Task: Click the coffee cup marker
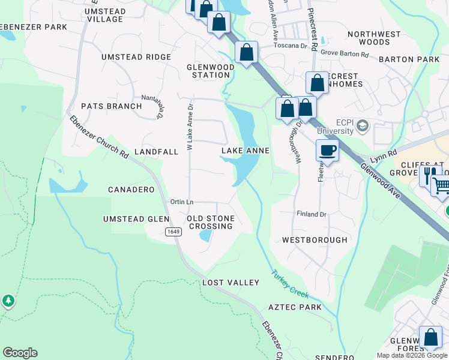(327, 151)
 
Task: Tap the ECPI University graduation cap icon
(362, 126)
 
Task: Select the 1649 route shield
(173, 232)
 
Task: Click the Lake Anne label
(246, 151)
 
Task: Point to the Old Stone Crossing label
(210, 222)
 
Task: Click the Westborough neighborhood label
(315, 240)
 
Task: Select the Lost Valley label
(231, 282)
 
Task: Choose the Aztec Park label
(295, 307)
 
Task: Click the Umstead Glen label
(136, 219)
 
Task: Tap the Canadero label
(131, 190)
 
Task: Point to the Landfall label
(156, 152)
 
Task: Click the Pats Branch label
(111, 106)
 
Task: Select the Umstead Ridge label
(136, 57)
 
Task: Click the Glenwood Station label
(211, 71)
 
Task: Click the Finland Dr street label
(311, 214)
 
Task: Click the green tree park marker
(8, 301)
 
